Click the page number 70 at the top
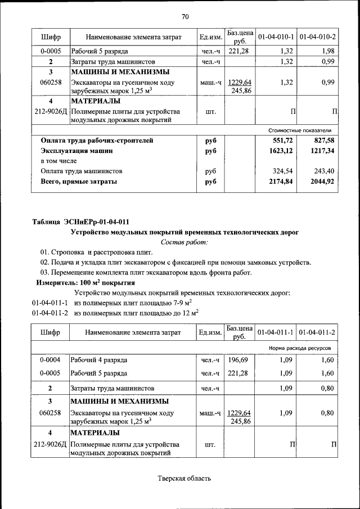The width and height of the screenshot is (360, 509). pos(185,16)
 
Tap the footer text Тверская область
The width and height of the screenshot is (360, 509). pos(184,479)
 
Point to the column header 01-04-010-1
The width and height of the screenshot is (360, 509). pos(276,37)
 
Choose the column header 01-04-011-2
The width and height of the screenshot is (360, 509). pos(317,332)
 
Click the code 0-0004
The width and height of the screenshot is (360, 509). pos(50,359)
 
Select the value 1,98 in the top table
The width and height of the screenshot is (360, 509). pos(328,51)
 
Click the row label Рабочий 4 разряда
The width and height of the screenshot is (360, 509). pos(99,359)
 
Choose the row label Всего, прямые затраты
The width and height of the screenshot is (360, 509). pos(79,182)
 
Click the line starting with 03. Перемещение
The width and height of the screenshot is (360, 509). pos(146,273)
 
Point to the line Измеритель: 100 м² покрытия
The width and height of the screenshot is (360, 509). pos(85,283)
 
